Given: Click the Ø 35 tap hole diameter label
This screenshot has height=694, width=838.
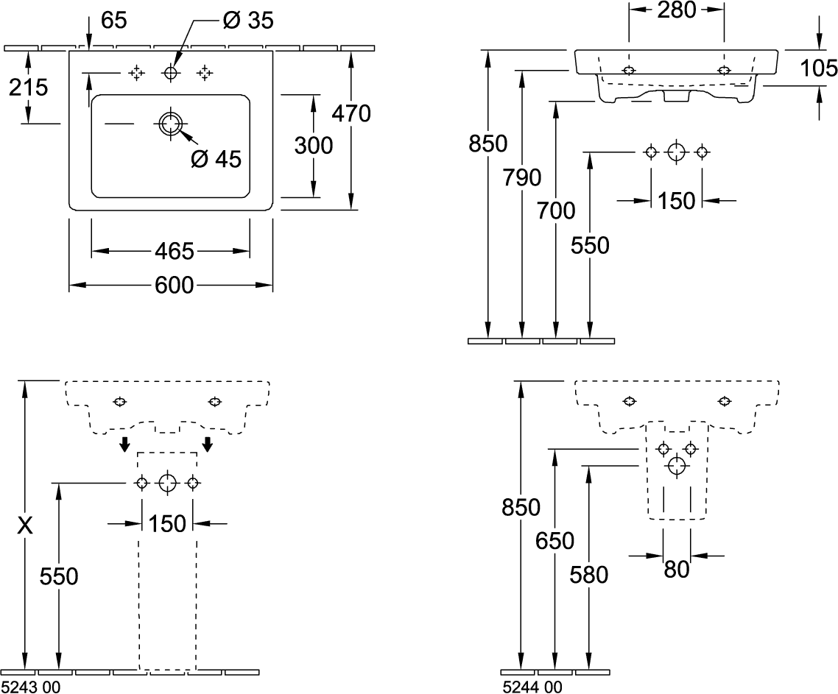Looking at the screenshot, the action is coord(248,21).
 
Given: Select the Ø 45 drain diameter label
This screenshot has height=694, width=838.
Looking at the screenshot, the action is coord(216,159).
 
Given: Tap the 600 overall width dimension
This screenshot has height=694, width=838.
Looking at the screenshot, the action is coord(175,286).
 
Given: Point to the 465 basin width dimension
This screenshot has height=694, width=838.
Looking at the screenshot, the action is coord(175,251).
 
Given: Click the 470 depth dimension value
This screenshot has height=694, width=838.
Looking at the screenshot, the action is coord(351,113).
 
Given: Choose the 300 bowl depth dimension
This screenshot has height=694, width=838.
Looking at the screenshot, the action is coord(314,145).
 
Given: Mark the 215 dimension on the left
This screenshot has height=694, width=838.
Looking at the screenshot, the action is coord(28,87).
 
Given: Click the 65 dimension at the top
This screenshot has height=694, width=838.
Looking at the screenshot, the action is coord(114,21).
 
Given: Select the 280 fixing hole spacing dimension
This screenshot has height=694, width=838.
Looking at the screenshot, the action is coord(677,10).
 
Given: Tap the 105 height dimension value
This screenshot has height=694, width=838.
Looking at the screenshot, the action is coord(818,68).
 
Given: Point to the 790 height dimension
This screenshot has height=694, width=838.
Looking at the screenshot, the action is coord(522,177).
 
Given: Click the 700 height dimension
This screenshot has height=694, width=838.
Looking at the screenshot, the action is coord(556,211).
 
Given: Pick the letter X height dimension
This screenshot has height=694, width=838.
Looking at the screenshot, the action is coord(25,525).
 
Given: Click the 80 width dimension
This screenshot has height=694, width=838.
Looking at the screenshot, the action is coord(677,570).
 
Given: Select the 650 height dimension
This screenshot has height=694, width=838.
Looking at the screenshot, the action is coord(555,541).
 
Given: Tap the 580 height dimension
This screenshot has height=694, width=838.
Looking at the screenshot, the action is coord(589,575).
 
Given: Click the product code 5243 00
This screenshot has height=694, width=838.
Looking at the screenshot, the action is coord(31,687).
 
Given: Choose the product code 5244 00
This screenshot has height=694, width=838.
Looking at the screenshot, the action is coord(533,687).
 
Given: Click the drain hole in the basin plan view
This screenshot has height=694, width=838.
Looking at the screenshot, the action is coord(170,124).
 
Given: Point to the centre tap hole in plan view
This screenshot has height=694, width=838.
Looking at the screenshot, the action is coord(171,73).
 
